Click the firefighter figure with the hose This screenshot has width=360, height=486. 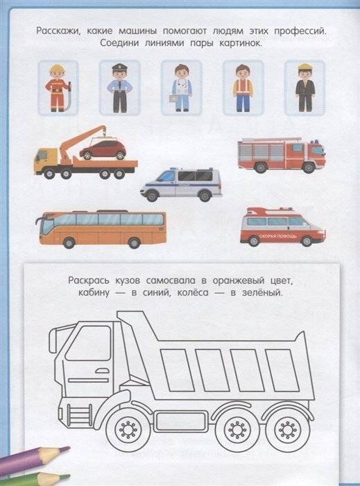coord(57,86)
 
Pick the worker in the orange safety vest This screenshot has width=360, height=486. coord(241,86)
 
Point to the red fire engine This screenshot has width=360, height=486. coord(280,154)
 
